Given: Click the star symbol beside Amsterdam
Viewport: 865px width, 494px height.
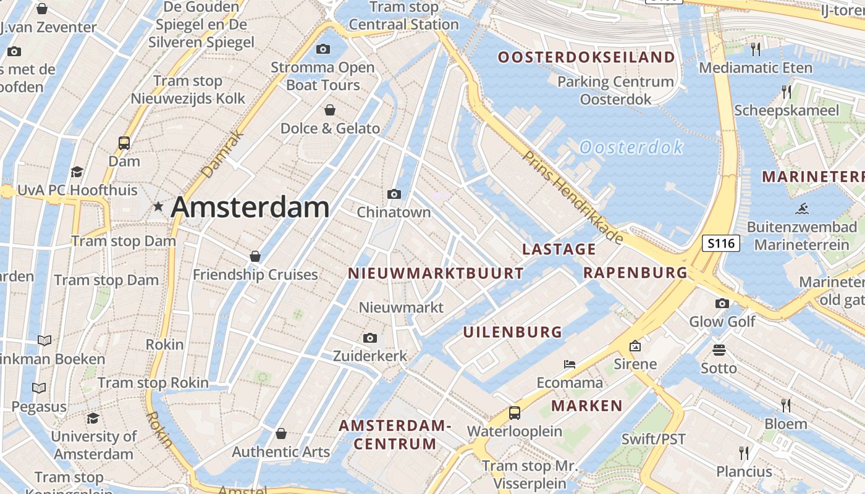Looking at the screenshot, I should click(159, 207).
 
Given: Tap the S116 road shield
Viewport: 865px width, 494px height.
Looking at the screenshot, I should click(721, 243).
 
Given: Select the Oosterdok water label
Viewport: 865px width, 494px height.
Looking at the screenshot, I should click(631, 148).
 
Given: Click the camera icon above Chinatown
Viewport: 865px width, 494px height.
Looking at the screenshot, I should click(394, 195).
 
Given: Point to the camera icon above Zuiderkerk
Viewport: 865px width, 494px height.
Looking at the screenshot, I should click(370, 338).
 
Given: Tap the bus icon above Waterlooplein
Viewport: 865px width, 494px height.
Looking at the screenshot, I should click(514, 413).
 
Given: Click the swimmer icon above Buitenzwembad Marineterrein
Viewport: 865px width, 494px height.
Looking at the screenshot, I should click(803, 208).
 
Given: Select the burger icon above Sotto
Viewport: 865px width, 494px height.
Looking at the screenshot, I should click(719, 350).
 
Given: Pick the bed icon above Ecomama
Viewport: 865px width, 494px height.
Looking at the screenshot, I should click(570, 364).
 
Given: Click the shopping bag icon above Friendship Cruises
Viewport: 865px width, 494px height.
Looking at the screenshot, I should click(255, 256).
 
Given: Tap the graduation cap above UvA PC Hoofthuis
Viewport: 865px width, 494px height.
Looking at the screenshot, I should click(77, 172).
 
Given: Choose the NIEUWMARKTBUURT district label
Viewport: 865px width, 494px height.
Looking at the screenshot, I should click(436, 274).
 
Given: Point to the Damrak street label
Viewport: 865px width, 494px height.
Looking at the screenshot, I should click(223, 154).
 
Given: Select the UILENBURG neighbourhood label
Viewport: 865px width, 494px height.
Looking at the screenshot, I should click(513, 332).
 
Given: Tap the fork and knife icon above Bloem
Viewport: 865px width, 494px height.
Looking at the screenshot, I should click(786, 405).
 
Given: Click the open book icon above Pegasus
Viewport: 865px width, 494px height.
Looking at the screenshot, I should click(39, 388).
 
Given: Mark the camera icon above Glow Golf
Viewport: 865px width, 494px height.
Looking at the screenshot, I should click(722, 303).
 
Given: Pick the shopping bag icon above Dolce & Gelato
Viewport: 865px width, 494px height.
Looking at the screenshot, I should click(331, 110).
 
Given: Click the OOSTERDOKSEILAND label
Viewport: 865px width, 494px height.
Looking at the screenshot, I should click(586, 57).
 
